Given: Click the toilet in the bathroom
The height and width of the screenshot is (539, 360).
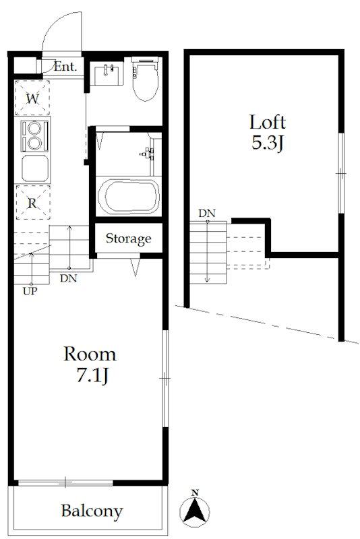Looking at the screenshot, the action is pos(145,79).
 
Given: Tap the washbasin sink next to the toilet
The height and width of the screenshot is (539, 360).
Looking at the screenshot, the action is pos(107,73).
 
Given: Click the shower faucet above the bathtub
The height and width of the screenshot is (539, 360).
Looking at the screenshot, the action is pos(148,154).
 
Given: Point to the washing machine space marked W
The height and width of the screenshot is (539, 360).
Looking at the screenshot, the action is pos(32,98).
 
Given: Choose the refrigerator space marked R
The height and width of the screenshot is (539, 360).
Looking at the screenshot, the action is pos(32,203).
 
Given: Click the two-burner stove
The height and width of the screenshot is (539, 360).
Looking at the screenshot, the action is pos(34,136).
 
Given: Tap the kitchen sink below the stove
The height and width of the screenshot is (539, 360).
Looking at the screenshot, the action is pos(35,168).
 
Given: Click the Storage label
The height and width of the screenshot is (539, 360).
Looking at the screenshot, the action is pos(128,239).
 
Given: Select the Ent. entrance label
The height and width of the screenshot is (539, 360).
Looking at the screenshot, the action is pos(65,66).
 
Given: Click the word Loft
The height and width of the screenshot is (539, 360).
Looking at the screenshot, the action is pos(268,123).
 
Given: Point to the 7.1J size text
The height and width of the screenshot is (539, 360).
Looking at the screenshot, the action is pos(93,375).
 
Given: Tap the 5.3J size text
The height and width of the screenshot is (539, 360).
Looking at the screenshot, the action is pos(268,143).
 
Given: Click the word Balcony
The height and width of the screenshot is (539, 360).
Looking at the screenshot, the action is pos(92,511).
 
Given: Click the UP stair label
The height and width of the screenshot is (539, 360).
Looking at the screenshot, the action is pos(30,292).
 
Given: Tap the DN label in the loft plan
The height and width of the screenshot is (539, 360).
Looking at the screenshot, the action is pos(207,214).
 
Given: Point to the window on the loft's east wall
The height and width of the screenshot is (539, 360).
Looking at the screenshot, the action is pos(340,173).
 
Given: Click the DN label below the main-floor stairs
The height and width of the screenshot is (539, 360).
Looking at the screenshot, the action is pos(68,278).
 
